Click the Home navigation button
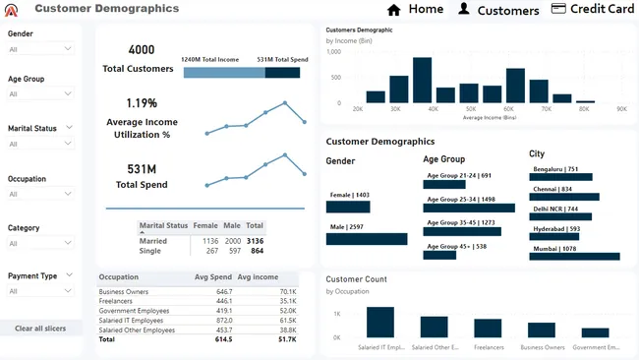coord(415,10)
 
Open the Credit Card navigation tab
coord(593,10)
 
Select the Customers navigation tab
coord(498,10)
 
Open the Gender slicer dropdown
coord(40,48)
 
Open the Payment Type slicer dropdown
coord(40,291)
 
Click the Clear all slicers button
coord(41,329)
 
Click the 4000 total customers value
coord(142,50)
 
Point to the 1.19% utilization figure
coord(142,103)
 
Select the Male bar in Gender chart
coord(367,239)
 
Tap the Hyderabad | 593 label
coord(555,228)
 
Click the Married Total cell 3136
coord(255,240)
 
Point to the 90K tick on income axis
coord(621,109)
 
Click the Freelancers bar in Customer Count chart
coord(488,329)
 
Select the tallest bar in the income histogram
coord(423,80)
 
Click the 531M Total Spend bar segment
coord(282,72)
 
